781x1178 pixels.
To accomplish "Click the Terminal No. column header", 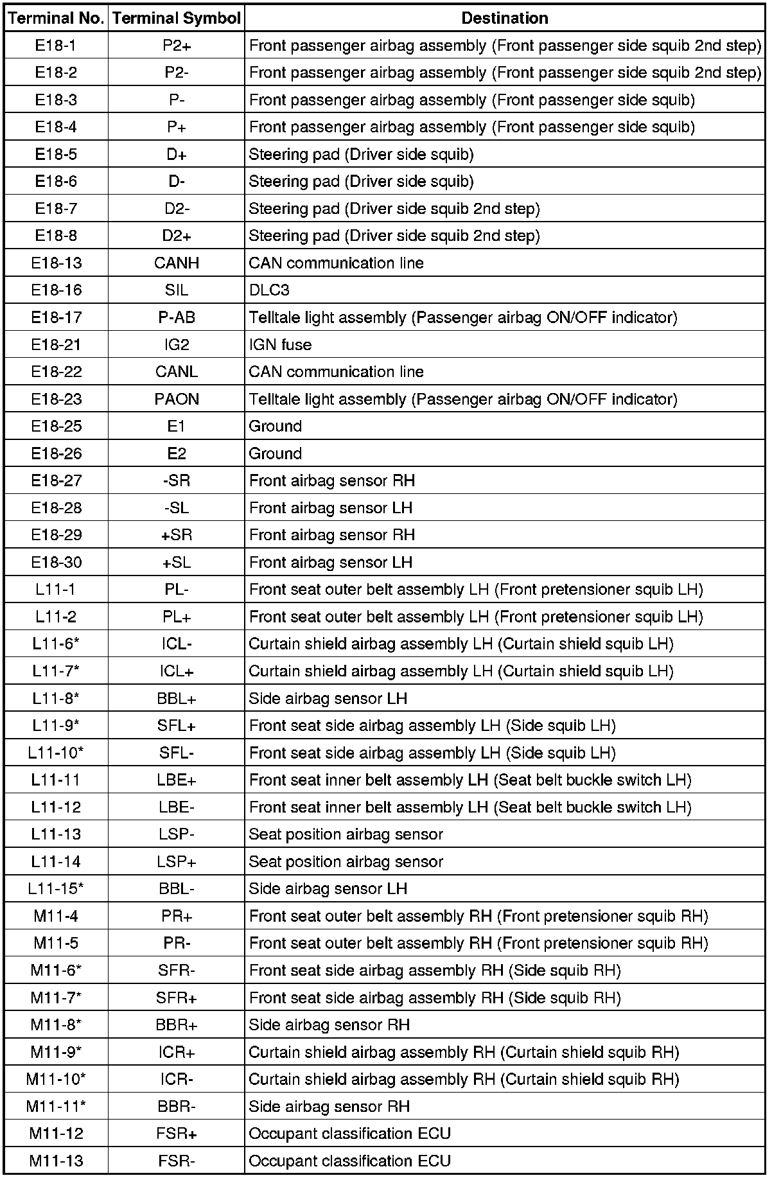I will (x=57, y=18).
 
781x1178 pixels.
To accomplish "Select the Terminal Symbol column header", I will (x=177, y=18).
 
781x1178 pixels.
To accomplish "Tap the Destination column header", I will (x=505, y=18).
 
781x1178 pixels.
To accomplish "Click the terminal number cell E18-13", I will (x=57, y=263).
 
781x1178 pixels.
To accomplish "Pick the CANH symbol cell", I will (x=177, y=263).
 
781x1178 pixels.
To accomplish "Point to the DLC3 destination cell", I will (x=270, y=290).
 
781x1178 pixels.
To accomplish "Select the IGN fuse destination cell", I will (x=281, y=344).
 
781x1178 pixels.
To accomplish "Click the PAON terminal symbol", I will (x=177, y=399).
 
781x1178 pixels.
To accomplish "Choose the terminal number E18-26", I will (x=57, y=453).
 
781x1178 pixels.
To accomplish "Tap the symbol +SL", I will (x=177, y=562).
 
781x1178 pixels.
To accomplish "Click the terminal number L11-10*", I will (x=57, y=753).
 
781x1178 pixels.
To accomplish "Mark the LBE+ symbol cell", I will (x=177, y=780).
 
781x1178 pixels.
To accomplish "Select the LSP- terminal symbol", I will (x=177, y=834).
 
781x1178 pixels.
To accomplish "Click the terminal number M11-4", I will (x=57, y=916).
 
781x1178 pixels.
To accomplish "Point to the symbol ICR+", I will (x=177, y=1052).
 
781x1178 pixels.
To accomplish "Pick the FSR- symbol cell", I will (x=177, y=1161).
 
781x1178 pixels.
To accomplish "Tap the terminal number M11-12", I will (x=57, y=1134).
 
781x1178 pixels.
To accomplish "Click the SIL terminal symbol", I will (x=177, y=290).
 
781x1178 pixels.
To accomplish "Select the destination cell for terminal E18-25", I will (x=276, y=426).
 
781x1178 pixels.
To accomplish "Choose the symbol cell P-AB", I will (x=177, y=317).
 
